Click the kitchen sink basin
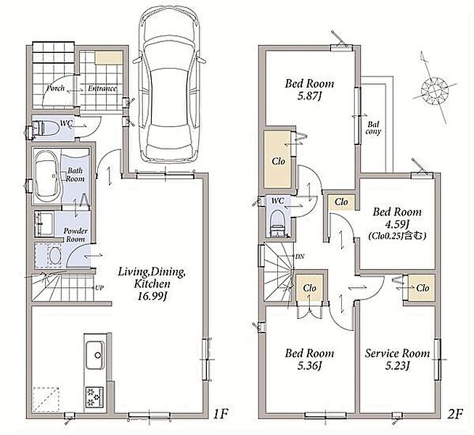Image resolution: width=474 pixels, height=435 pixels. click(95, 355)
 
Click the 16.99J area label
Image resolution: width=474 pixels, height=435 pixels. click(152, 297)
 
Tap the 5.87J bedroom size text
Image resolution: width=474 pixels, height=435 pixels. click(309, 96)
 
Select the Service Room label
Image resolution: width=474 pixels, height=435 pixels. click(397, 353)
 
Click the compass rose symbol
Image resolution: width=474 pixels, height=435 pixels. click(434, 88)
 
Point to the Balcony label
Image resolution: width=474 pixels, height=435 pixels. click(373, 128)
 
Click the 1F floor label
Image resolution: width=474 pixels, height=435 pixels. click(220, 415)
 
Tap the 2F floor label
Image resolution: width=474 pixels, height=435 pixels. click(455, 415)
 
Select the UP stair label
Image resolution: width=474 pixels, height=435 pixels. click(99, 288)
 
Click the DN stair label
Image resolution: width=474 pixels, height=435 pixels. click(300, 257)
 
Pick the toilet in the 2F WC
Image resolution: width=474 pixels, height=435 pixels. click(277, 223)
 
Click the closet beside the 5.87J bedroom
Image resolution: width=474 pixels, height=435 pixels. click(278, 159)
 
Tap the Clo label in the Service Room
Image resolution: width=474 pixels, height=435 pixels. click(422, 288)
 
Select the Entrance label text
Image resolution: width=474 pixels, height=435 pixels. click(102, 88)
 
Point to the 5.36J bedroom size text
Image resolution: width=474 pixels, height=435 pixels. click(309, 366)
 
